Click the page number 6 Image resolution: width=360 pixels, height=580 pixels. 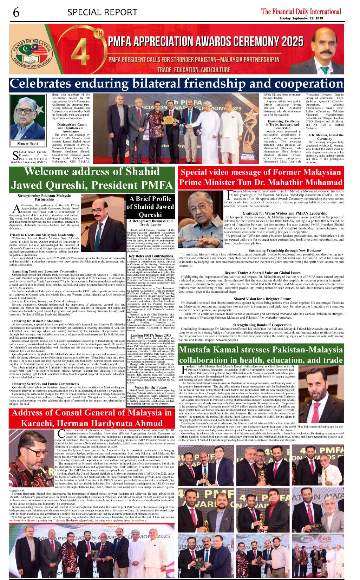tap(16, 13)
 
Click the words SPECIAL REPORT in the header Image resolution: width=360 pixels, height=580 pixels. tap(102, 13)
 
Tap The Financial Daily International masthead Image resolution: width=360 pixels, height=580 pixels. tap(301, 11)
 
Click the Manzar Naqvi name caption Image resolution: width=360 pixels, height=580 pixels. tap(27, 143)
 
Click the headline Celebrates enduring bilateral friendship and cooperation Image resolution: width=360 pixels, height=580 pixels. tap(176, 84)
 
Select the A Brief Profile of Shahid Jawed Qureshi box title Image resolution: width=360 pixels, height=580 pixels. tap(150, 207)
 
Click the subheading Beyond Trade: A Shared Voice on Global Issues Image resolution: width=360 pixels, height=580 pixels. tap(262, 273)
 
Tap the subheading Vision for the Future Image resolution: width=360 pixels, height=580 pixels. tap(150, 387)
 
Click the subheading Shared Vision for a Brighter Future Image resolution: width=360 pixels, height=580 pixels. tap(262, 299)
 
